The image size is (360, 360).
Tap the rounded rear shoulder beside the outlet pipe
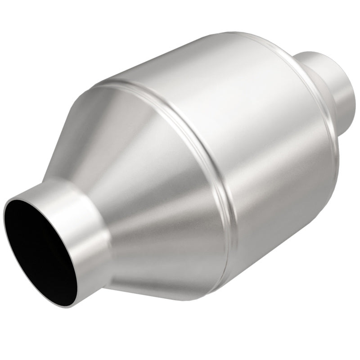tap(315, 76)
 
